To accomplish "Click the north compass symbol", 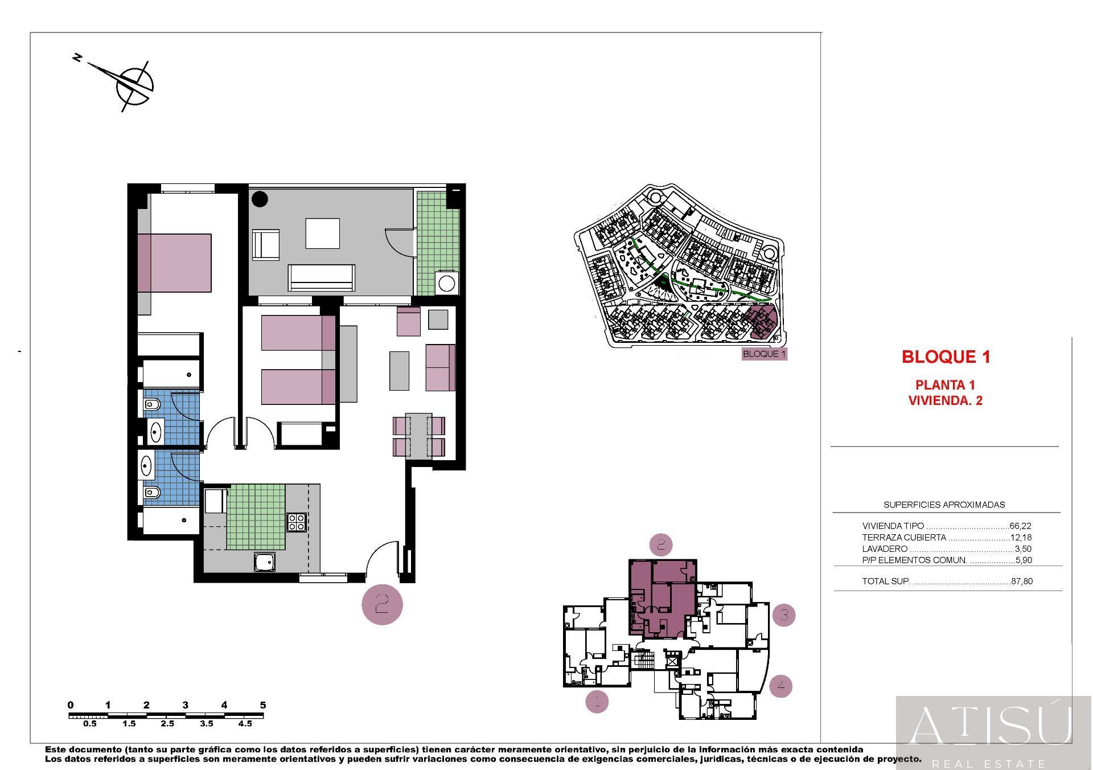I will point(134,86).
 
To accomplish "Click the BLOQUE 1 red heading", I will point(946,357).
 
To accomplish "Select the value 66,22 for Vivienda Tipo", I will point(1020,526).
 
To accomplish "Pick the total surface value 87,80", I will point(1021,581).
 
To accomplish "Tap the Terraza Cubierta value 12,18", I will point(1020,538).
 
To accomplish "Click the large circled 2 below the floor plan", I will point(382,604).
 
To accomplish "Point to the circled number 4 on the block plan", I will point(780,686).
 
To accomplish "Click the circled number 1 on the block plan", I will point(597,702).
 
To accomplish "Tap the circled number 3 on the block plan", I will point(784,615).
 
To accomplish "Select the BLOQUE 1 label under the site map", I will point(764,354).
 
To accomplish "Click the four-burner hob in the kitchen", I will point(296,522).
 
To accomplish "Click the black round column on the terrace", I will point(260,199).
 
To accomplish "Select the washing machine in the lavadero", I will point(446,283).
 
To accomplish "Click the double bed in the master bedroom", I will point(174,262).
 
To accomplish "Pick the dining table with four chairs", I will point(419,436).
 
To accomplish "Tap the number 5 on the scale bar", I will point(262,705).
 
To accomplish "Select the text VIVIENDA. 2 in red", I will point(945,400).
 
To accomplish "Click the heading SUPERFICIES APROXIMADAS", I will point(944,505).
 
